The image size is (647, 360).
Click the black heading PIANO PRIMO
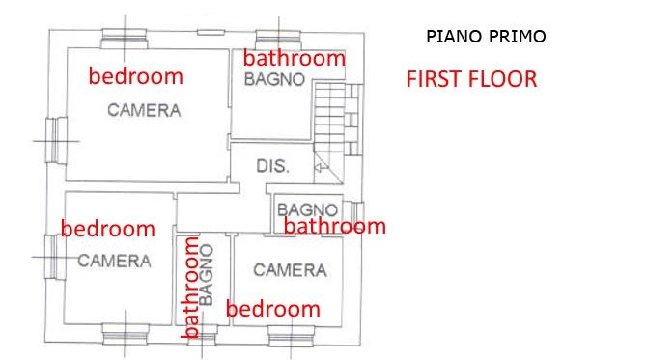tap(486, 37)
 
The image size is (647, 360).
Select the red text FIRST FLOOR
tap(471, 79)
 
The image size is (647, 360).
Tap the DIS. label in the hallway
tap(272, 166)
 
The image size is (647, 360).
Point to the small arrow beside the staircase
tap(322, 167)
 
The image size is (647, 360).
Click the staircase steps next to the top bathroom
tap(329, 118)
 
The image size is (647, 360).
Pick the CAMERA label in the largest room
tap(144, 111)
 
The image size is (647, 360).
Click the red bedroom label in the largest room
tap(136, 76)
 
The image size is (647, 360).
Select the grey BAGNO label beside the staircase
tap(274, 79)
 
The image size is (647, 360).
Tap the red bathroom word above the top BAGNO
tap(295, 58)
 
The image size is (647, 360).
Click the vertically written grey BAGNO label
tap(206, 275)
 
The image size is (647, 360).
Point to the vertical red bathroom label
tap(190, 288)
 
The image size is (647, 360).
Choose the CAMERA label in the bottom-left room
tap(114, 261)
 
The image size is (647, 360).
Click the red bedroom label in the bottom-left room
tap(108, 229)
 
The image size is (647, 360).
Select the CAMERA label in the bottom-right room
tap(290, 270)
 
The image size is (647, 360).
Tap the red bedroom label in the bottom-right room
tap(273, 309)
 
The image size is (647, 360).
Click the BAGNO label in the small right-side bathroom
tap(307, 210)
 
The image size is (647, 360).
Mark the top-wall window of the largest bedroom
tap(125, 39)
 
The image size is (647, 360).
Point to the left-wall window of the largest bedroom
tap(56, 140)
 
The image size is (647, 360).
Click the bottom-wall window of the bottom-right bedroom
tap(291, 336)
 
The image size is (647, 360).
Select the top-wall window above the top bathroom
tap(278, 40)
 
